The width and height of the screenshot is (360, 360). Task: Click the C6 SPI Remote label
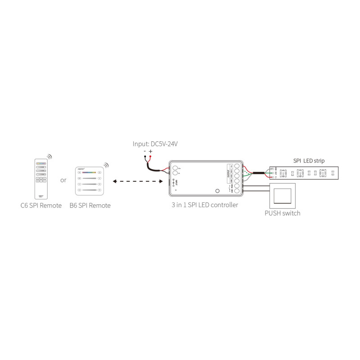(41, 206)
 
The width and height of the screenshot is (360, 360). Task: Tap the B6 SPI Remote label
(90, 206)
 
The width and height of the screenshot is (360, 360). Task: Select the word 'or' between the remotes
(63, 181)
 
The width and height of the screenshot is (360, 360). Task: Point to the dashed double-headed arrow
(137, 181)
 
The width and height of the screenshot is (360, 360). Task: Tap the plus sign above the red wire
(151, 152)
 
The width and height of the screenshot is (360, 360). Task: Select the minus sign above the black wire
(145, 152)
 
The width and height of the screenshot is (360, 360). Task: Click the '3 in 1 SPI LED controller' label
(205, 205)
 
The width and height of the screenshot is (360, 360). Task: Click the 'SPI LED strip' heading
(309, 161)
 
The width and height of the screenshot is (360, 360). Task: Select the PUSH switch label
(282, 213)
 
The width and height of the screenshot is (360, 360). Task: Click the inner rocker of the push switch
(282, 195)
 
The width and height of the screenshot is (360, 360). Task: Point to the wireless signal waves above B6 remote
(106, 165)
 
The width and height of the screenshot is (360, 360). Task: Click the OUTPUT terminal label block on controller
(229, 173)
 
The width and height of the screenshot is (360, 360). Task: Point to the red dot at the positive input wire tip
(151, 157)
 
